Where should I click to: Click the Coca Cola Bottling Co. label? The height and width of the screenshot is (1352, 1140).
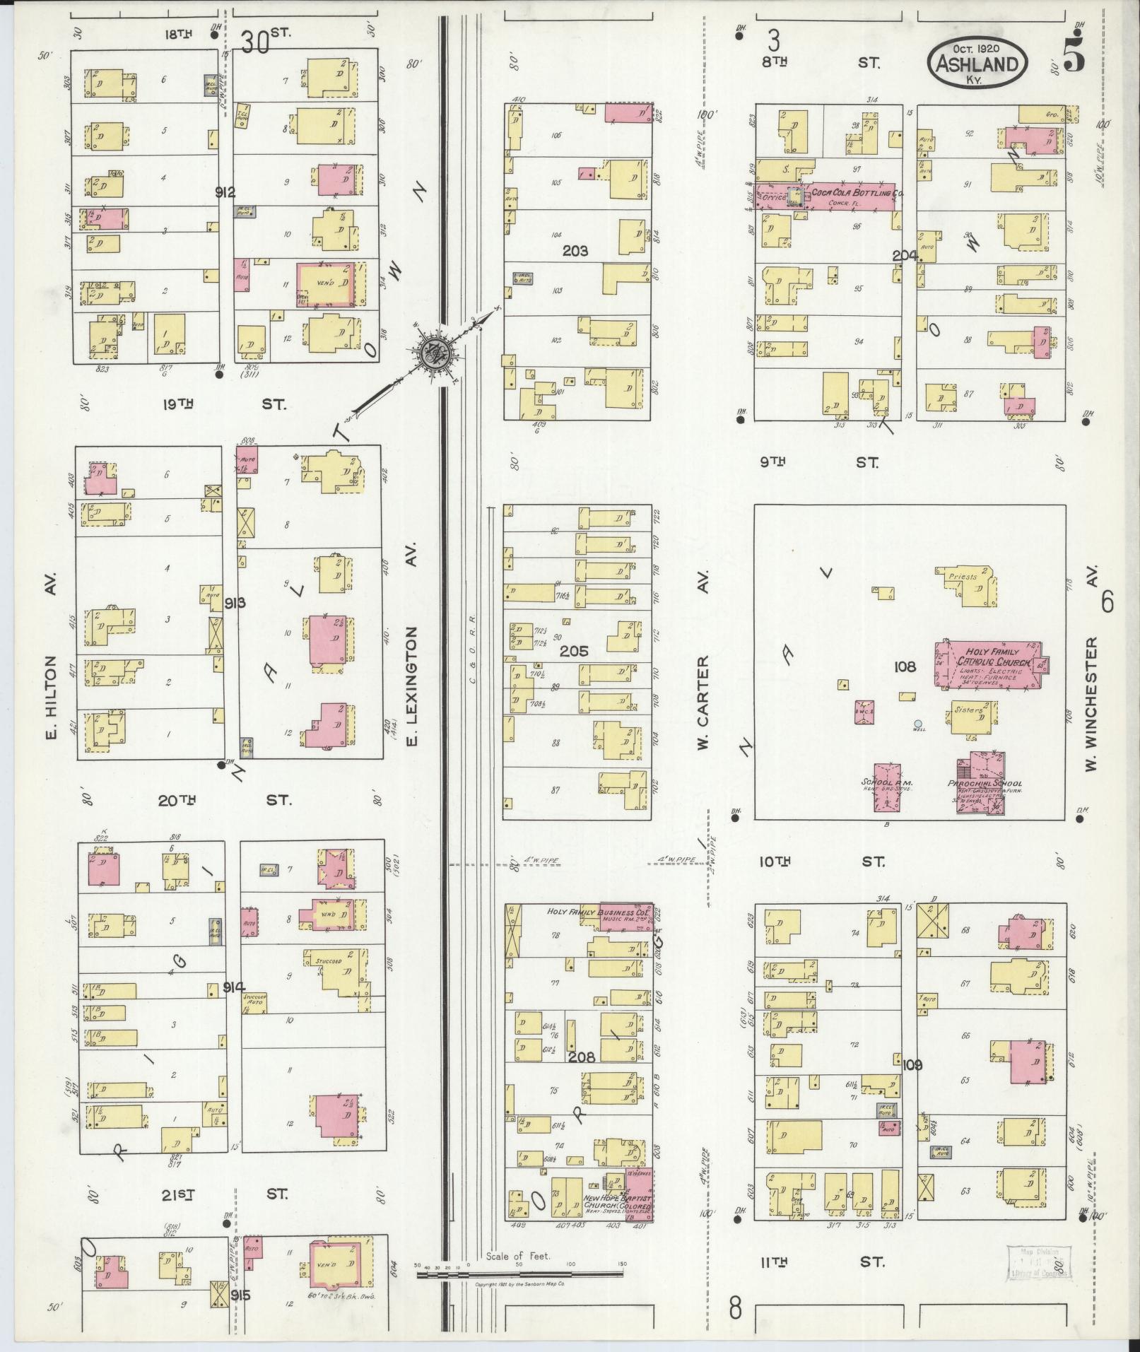pyautogui.click(x=857, y=192)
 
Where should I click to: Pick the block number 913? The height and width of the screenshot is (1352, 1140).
pyautogui.click(x=235, y=603)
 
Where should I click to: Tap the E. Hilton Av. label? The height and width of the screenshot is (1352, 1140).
pyautogui.click(x=51, y=666)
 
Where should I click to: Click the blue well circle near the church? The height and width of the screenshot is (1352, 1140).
pyautogui.click(x=917, y=723)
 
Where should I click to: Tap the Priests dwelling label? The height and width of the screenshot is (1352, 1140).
pyautogui.click(x=963, y=576)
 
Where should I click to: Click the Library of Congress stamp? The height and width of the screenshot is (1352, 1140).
pyautogui.click(x=1038, y=1262)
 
